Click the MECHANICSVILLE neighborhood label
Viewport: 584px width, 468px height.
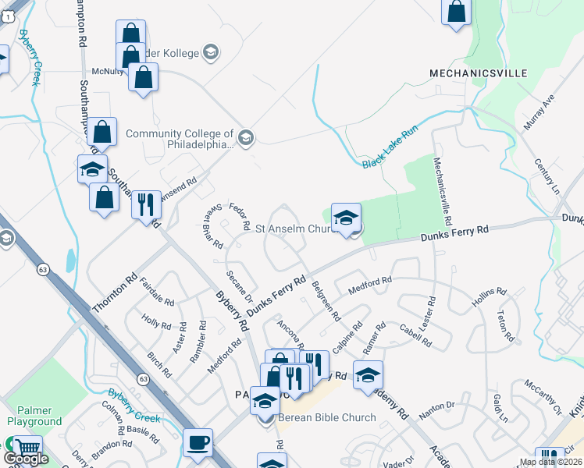(478, 73)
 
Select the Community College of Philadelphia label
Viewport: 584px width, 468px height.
(180, 139)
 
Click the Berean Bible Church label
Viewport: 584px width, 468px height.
(326, 417)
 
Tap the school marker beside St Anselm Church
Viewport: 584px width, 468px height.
(346, 218)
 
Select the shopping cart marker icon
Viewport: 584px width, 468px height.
(27, 448)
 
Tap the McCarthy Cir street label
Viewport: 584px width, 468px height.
(543, 397)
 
